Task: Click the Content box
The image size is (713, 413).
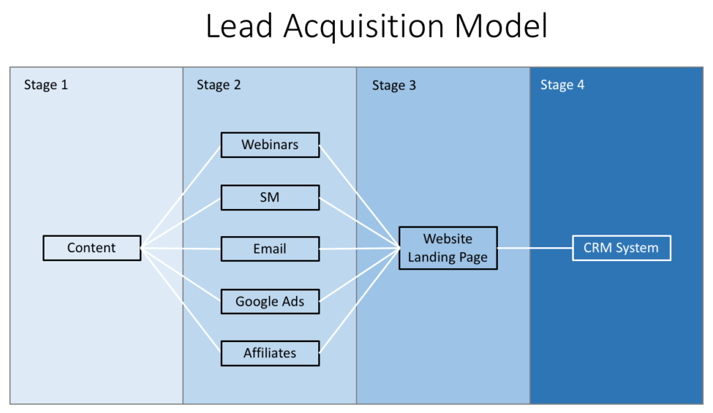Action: pos(92,248)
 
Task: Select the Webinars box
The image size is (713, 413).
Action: pos(270,145)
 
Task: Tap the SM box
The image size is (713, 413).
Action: pos(270,197)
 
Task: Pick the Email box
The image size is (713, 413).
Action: pos(270,249)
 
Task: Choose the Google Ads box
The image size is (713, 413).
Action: pos(270,301)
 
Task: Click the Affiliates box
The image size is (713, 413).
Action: pos(270,353)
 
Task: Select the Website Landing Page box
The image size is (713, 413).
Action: pos(448,248)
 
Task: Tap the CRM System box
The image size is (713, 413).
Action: pos(621,248)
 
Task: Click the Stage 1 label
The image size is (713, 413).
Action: pos(46,85)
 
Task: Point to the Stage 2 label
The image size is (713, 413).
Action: pos(219,85)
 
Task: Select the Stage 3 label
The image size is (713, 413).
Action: pos(394,86)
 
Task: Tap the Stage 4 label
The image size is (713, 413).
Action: pos(562,85)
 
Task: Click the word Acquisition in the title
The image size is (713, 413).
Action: pos(363,26)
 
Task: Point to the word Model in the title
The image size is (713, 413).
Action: pos(501,26)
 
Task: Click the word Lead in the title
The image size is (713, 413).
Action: pos(240,26)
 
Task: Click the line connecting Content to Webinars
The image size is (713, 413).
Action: pos(181,196)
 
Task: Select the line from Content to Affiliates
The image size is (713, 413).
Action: pos(181,300)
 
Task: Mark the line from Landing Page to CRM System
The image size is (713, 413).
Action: pos(535,248)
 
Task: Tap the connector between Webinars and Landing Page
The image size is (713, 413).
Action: pos(359,196)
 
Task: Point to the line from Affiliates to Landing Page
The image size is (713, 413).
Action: pos(359,300)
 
